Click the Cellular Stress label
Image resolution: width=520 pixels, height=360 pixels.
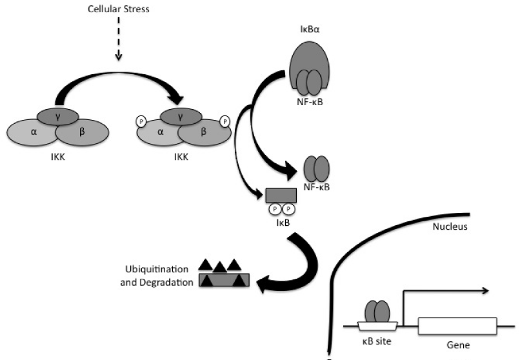(118, 12)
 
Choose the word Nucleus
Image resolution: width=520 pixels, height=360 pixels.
(459, 227)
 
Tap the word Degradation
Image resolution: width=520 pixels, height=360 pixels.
(167, 282)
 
